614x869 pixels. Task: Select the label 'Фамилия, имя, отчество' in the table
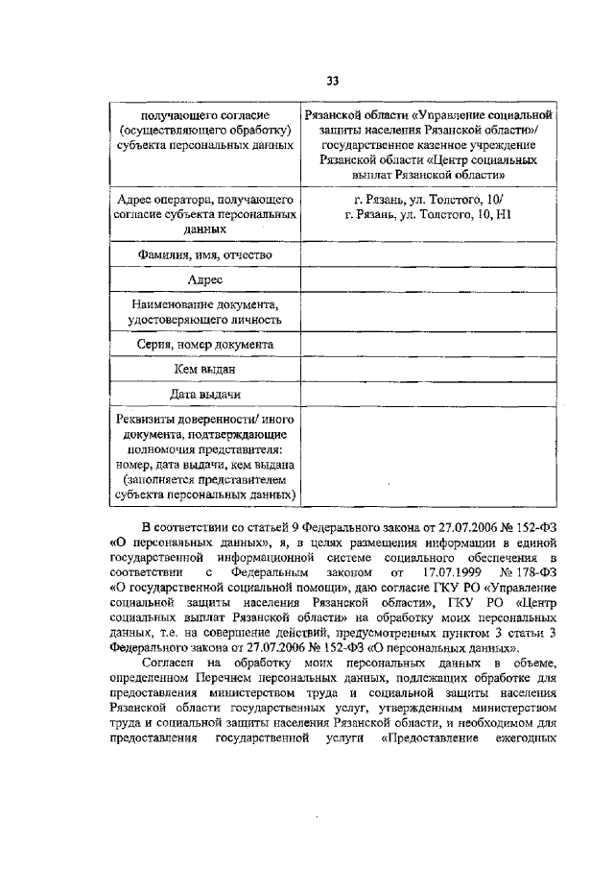205,254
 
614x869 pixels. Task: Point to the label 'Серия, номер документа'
205,343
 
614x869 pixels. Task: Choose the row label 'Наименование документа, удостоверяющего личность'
205,312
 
